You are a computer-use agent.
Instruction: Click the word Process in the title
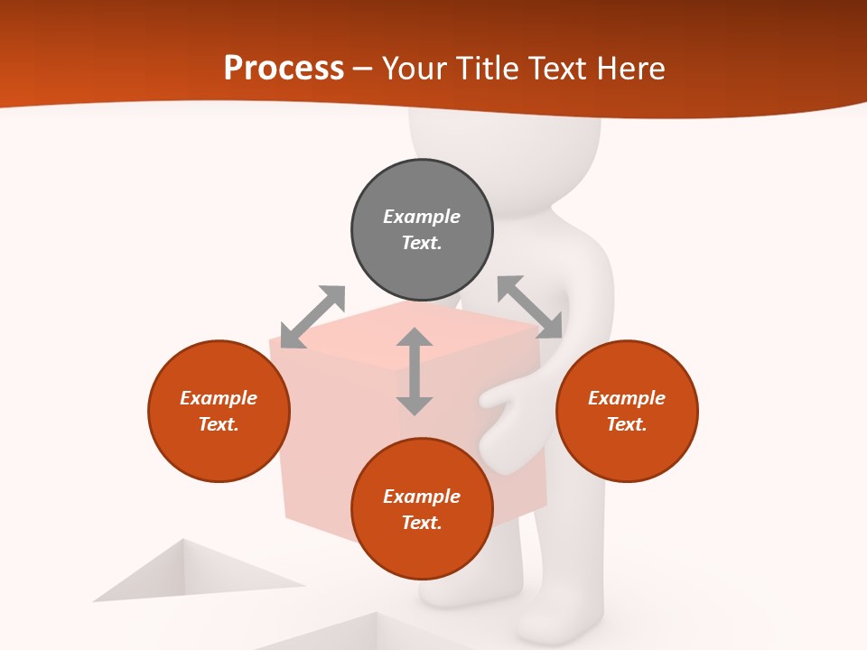coord(284,69)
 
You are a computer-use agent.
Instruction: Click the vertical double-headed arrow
coord(415,372)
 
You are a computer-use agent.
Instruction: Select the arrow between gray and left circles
coord(312,317)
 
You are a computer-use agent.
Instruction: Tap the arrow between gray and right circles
coord(529,307)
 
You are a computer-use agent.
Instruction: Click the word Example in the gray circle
coord(422,217)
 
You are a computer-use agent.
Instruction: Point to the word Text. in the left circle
coord(219,424)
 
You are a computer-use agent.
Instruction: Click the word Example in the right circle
coord(627,398)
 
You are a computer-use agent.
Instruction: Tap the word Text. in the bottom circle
coord(422,523)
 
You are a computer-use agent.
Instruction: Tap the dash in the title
coord(362,70)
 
